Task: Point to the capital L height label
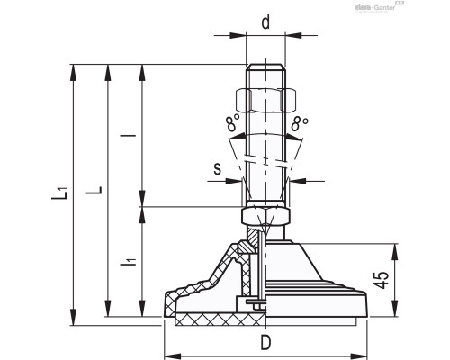[x=98, y=191]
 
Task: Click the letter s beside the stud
[x=217, y=167]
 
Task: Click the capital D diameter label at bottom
[x=265, y=342]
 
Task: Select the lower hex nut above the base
[x=265, y=217]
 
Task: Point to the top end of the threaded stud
[x=265, y=66]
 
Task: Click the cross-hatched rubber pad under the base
[x=216, y=320]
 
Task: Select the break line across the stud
[x=265, y=162]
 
